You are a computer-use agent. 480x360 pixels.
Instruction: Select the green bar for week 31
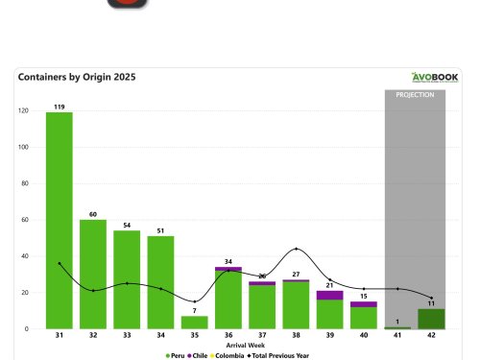[x=60, y=221]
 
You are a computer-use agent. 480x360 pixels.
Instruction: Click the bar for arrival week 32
[x=93, y=275]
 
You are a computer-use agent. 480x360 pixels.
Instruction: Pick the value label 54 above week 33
[x=126, y=225]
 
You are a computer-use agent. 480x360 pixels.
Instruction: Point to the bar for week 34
[x=160, y=282]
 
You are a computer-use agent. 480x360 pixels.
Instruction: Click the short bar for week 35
[x=194, y=323]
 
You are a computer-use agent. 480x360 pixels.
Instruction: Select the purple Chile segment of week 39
[x=329, y=295]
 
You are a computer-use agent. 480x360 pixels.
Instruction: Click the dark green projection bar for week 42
[x=431, y=319]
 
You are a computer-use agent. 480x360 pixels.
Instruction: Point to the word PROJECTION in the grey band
[x=415, y=95]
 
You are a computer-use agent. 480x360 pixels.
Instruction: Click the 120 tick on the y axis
[x=22, y=110]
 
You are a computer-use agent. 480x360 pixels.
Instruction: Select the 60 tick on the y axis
[x=23, y=220]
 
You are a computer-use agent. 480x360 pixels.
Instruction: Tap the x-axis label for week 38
[x=296, y=336]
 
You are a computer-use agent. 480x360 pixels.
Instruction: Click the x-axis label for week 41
[x=397, y=336]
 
